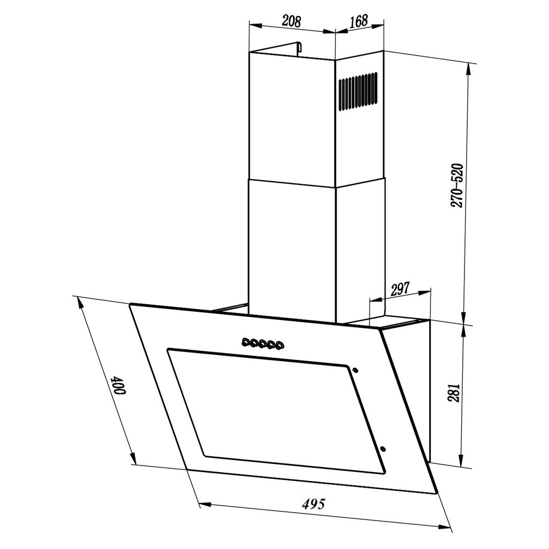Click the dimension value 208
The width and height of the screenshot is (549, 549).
click(x=292, y=21)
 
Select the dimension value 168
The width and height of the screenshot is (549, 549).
click(x=358, y=21)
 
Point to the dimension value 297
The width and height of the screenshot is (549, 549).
click(x=400, y=289)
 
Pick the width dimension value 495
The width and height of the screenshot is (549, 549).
click(x=313, y=503)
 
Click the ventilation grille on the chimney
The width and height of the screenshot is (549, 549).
click(x=357, y=91)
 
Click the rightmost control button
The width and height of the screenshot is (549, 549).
click(x=280, y=345)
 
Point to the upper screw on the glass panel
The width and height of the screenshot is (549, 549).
click(x=356, y=369)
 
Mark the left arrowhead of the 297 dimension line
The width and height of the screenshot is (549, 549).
click(x=372, y=300)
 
